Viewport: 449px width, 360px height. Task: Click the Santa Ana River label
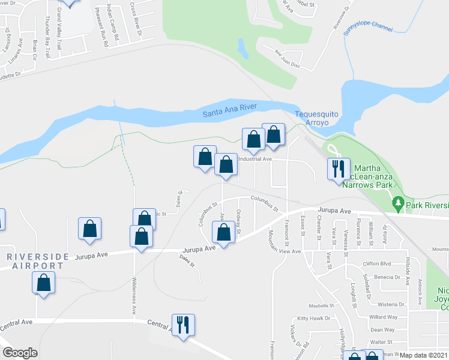(x=229, y=110)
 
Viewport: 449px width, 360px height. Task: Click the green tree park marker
(x=398, y=205)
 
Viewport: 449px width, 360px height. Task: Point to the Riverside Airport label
(x=35, y=261)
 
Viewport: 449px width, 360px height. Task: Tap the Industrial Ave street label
(x=256, y=160)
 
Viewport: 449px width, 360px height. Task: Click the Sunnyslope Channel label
(x=367, y=29)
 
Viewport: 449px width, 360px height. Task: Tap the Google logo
(x=20, y=352)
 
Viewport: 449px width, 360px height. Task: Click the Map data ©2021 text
(x=424, y=355)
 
